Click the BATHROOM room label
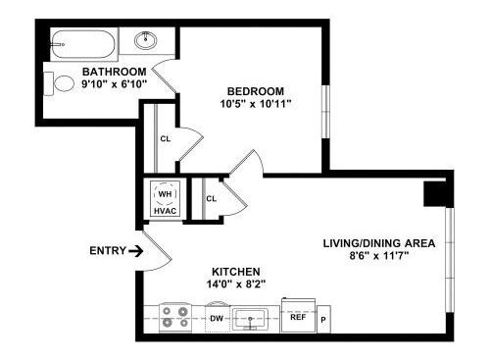(x=115, y=72)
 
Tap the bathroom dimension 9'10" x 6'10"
(x=115, y=85)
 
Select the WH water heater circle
(x=164, y=193)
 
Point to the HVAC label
(x=164, y=211)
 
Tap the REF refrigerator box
(x=296, y=317)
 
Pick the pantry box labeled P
(x=323, y=320)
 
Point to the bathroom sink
(x=148, y=41)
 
